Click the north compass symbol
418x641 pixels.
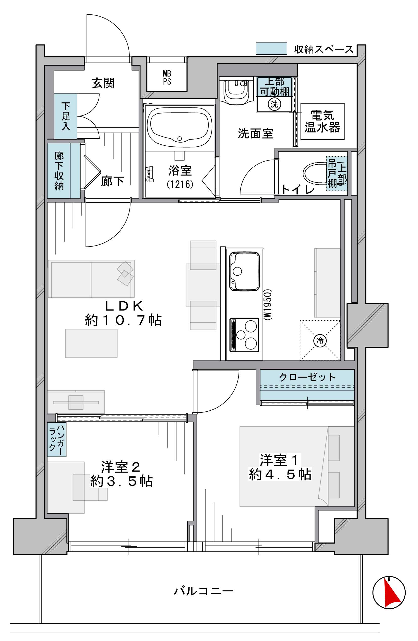click(389, 592)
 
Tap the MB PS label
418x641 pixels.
click(167, 78)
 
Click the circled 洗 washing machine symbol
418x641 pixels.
click(274, 104)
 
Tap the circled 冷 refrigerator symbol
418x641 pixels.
click(320, 341)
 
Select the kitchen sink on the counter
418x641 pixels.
click(244, 272)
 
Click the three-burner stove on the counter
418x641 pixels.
click(244, 335)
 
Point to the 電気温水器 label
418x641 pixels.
click(322, 121)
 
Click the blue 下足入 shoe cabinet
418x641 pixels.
click(65, 116)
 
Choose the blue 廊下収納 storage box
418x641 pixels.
click(64, 171)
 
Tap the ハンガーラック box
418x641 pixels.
click(57, 439)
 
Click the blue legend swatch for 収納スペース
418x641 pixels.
click(271, 49)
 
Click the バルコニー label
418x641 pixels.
click(204, 591)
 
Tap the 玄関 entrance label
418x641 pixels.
click(103, 83)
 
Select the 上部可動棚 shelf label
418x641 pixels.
click(275, 87)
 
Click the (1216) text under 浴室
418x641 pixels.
click(180, 184)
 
